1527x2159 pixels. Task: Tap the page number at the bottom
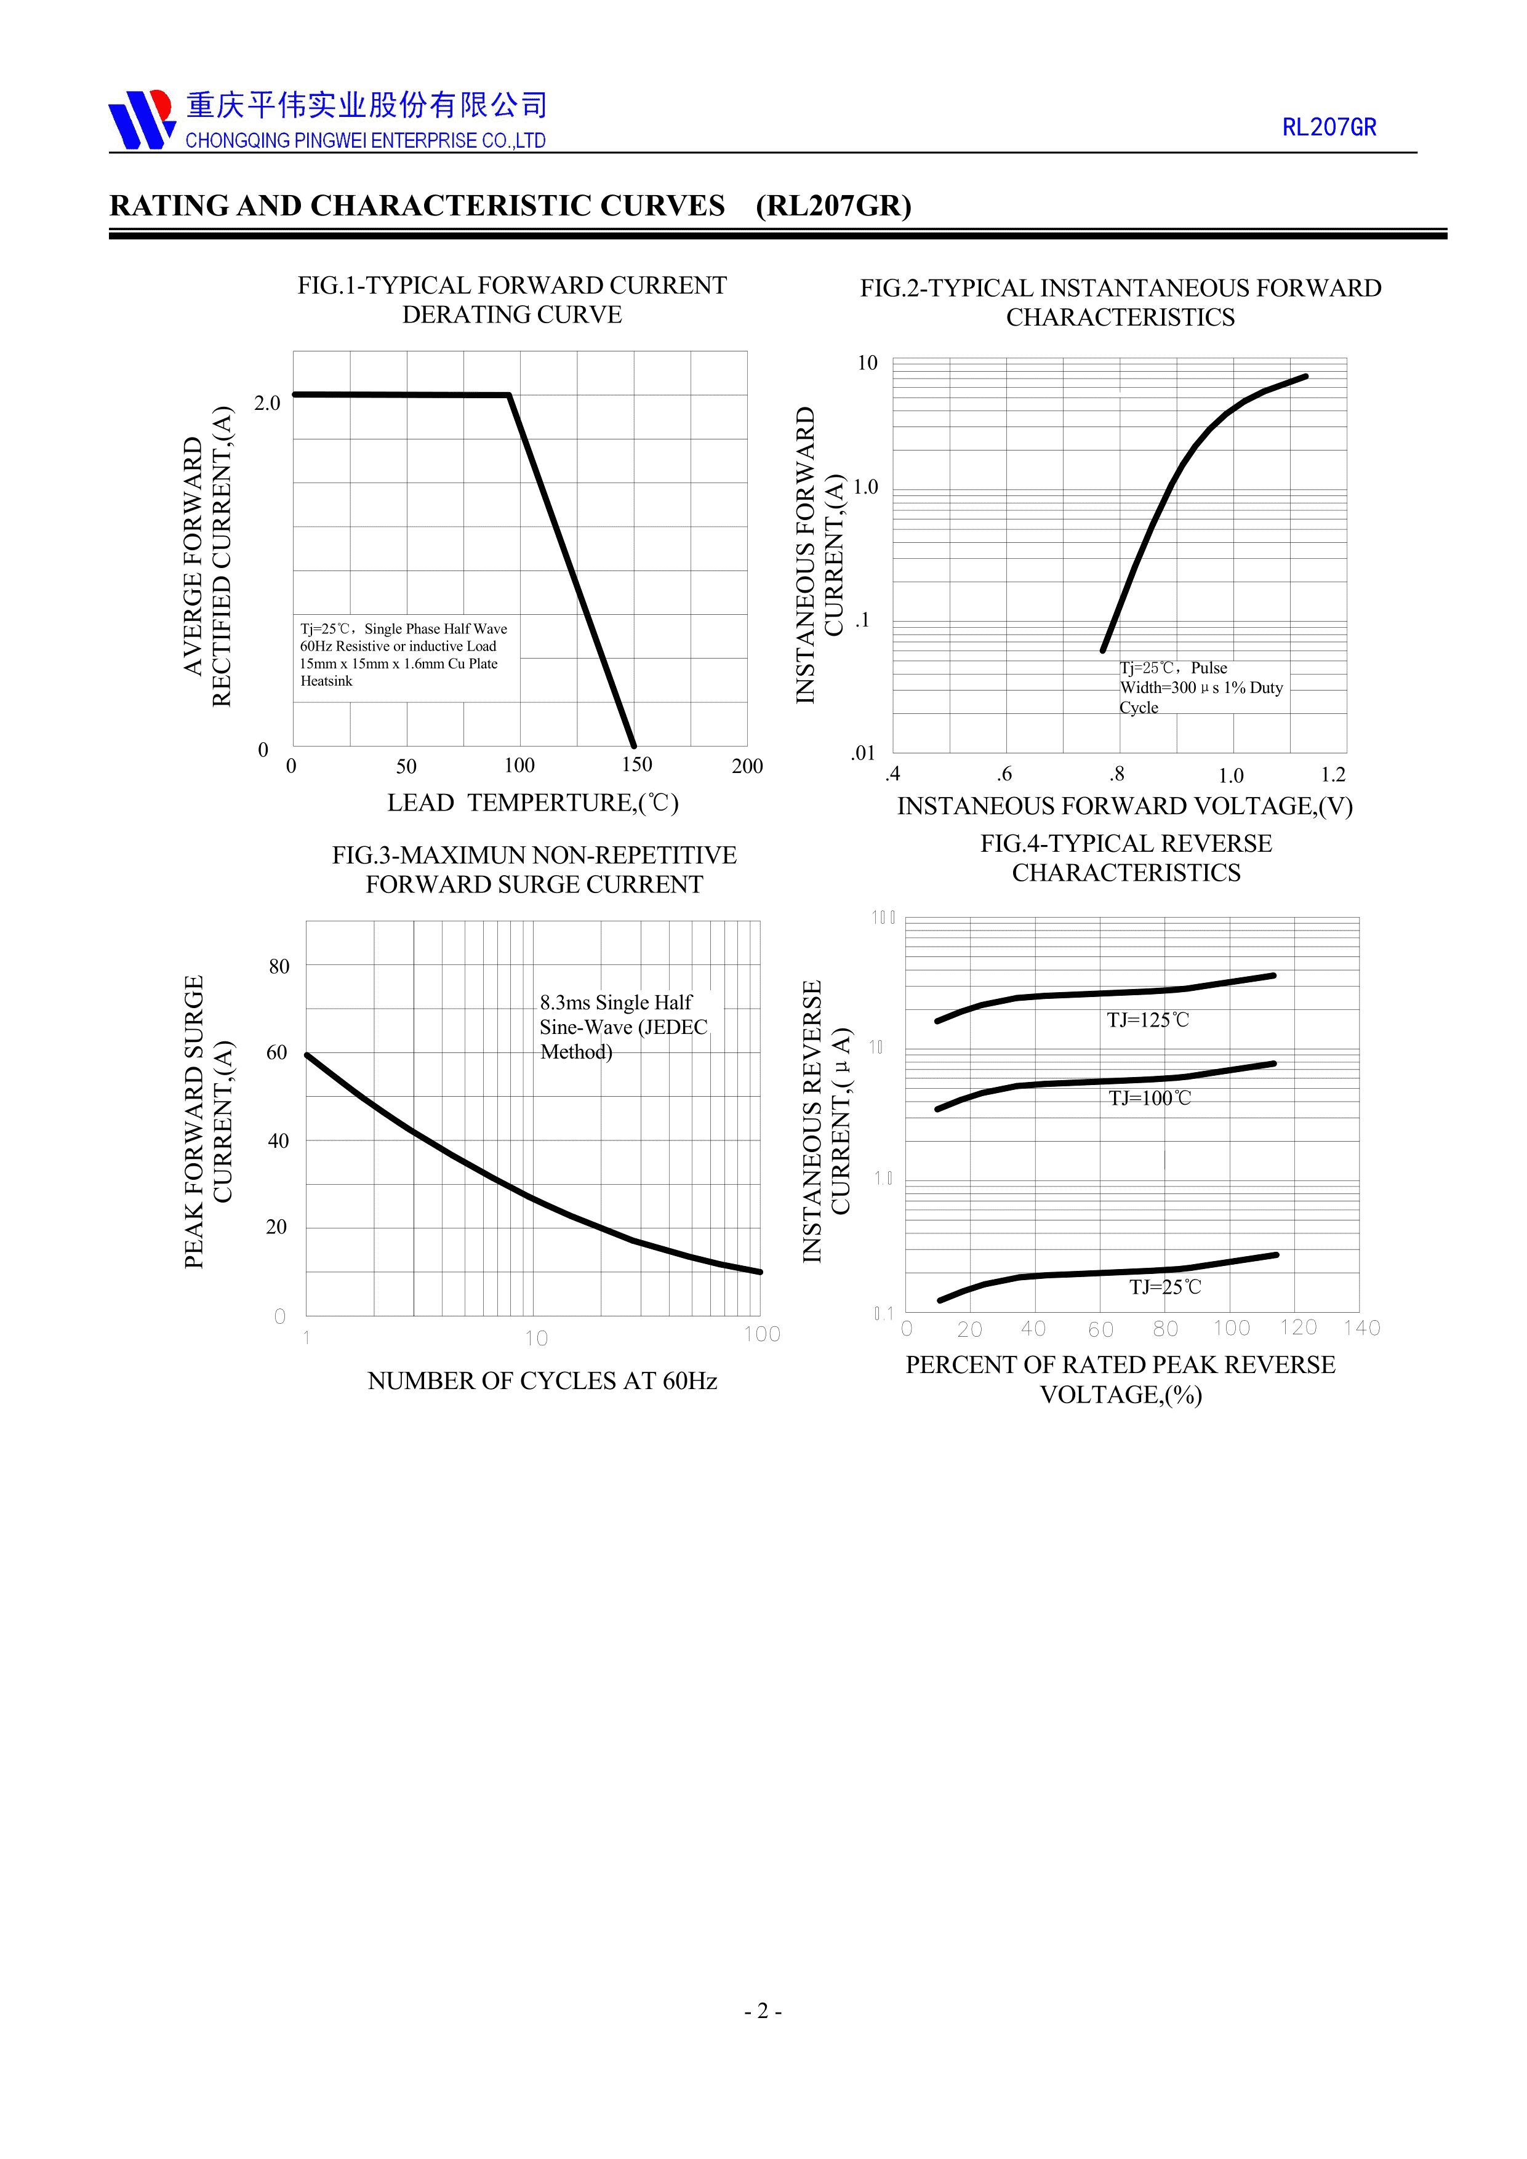[x=763, y=2011]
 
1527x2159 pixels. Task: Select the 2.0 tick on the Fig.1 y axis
[x=267, y=403]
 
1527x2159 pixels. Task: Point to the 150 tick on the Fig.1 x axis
[x=636, y=764]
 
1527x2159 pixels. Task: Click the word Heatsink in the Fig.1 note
[x=326, y=681]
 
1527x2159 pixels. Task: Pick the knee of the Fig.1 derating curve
[x=508, y=395]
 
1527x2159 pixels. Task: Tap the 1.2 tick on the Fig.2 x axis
[x=1333, y=775]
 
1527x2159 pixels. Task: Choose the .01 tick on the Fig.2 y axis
[x=863, y=753]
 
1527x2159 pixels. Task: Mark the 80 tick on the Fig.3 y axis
[x=279, y=967]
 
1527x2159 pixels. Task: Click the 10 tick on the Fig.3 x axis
[x=536, y=1338]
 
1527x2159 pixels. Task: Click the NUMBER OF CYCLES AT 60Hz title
[x=542, y=1380]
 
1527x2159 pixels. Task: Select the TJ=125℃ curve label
[x=1147, y=1020]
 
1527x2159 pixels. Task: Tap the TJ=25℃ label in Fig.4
[x=1165, y=1288]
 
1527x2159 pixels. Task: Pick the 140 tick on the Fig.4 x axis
[x=1361, y=1328]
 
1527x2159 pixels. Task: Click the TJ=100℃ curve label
[x=1149, y=1099]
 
